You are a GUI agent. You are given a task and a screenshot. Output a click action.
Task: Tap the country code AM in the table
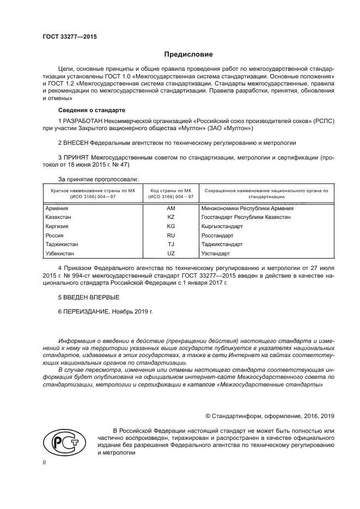tap(170, 208)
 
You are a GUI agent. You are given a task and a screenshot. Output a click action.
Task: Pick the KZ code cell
tap(170, 217)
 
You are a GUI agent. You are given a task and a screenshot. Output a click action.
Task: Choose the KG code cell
tap(170, 226)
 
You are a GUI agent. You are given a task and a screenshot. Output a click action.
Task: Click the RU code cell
tap(170, 235)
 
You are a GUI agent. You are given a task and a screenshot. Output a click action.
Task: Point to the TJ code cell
tap(170, 244)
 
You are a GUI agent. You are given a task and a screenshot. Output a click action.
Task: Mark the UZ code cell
tap(170, 254)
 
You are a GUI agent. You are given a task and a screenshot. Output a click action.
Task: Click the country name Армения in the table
tap(57, 208)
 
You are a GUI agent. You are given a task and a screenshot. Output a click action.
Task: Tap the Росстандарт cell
tap(217, 235)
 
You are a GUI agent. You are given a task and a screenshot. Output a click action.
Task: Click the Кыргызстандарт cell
tap(222, 226)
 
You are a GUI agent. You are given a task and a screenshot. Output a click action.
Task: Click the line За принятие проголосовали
tap(98, 179)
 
